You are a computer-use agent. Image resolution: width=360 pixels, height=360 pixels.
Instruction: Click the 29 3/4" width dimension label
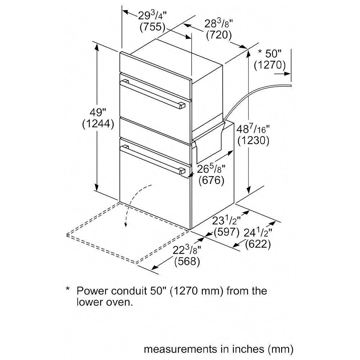click(x=152, y=15)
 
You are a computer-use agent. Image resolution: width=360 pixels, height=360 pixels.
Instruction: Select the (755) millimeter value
click(x=152, y=27)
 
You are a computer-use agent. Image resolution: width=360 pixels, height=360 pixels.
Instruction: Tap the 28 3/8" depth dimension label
click(x=219, y=24)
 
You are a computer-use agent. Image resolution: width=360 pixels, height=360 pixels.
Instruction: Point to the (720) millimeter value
click(x=219, y=35)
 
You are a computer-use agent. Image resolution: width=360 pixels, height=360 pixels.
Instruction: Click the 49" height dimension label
click(x=98, y=112)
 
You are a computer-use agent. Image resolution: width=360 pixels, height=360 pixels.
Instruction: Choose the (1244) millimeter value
click(x=98, y=124)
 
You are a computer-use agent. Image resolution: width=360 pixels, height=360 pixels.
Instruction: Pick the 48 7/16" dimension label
click(x=253, y=129)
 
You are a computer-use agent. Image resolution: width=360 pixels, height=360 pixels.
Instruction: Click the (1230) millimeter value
click(x=253, y=140)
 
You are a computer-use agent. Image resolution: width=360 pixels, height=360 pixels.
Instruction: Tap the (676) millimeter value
click(x=211, y=180)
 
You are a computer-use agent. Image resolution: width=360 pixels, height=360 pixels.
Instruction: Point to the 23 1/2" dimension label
click(x=226, y=221)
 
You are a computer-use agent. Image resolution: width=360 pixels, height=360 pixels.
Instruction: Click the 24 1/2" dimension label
click(x=258, y=233)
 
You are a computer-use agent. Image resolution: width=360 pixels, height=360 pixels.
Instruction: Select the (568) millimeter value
click(x=187, y=261)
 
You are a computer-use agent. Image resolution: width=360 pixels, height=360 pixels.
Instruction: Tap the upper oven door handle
click(x=153, y=94)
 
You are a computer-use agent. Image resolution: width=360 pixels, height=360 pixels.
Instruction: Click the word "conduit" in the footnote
click(x=129, y=291)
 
